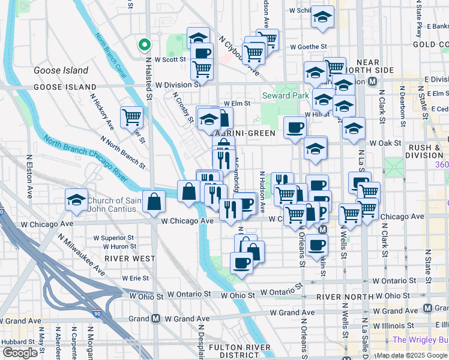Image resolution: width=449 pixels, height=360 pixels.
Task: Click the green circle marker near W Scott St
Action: click(x=144, y=44)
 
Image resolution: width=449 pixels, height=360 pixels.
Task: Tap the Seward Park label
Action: click(x=285, y=95)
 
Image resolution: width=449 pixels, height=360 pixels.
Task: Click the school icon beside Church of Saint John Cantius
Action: click(x=76, y=201)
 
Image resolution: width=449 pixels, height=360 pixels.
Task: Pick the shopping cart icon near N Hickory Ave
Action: click(x=131, y=117)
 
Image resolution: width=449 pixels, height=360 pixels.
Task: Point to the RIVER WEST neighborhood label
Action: click(x=130, y=259)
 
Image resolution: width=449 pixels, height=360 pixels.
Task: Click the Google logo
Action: click(x=20, y=353)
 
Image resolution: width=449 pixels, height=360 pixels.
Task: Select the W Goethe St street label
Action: click(x=308, y=46)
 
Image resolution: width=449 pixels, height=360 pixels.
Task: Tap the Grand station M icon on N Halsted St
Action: click(x=155, y=319)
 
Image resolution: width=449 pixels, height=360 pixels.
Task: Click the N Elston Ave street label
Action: click(x=29, y=177)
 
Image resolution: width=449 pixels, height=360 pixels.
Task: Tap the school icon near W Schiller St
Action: click(x=322, y=17)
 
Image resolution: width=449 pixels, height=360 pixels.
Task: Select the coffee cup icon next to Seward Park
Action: click(x=295, y=127)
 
